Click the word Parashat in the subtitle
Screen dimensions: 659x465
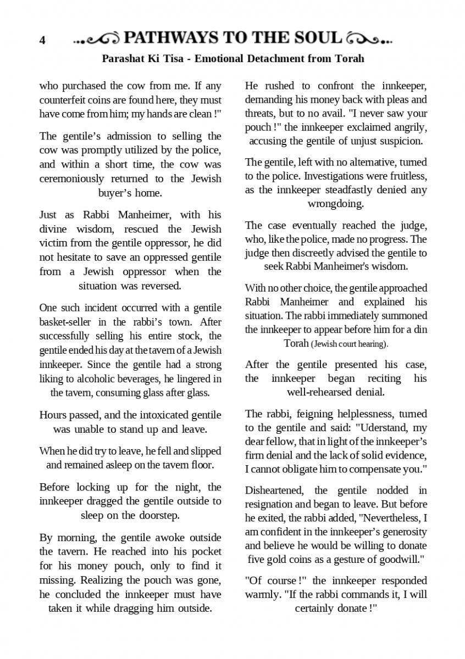pos(123,58)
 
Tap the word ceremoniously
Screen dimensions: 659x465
pos(71,178)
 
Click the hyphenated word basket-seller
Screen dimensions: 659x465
pos(69,322)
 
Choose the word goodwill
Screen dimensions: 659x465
pos(398,559)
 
